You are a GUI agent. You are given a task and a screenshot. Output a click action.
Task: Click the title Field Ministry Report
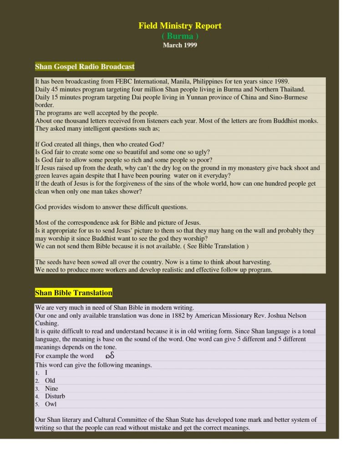click(180, 26)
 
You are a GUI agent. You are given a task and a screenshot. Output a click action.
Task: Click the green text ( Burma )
click(180, 36)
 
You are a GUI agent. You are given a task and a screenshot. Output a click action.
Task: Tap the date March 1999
click(180, 45)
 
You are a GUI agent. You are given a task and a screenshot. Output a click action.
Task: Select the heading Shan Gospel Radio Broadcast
click(85, 66)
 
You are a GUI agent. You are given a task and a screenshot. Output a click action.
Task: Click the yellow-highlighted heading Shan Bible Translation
click(73, 293)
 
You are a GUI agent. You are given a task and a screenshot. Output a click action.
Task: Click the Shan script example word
click(103, 356)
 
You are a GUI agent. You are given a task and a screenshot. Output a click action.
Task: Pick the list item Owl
click(51, 404)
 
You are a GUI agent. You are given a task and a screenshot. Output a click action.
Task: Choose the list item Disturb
click(55, 396)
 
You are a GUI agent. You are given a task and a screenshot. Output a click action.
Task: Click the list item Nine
click(51, 389)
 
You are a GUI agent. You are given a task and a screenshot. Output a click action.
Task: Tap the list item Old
click(50, 380)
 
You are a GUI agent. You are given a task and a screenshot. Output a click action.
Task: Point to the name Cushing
click(47, 323)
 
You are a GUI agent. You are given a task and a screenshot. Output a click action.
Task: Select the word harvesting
click(253, 262)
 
